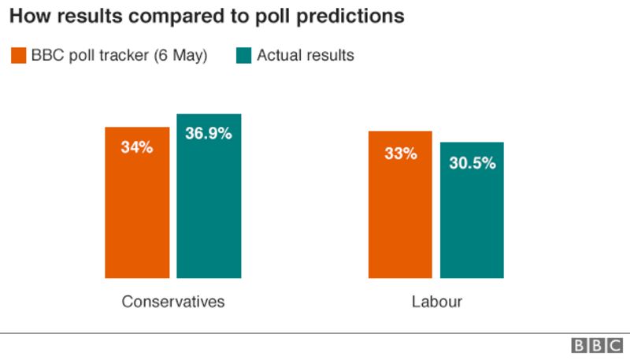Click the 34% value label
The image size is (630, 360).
pos(137,147)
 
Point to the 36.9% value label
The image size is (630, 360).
pos(209,134)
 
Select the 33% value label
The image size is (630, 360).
pos(400,154)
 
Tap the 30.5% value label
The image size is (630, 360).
pos(472,164)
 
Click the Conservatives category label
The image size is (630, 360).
pos(173,302)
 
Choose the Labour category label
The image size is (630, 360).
pos(436,302)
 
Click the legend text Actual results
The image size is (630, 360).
pos(306,55)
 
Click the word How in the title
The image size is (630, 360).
pos(28,16)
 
